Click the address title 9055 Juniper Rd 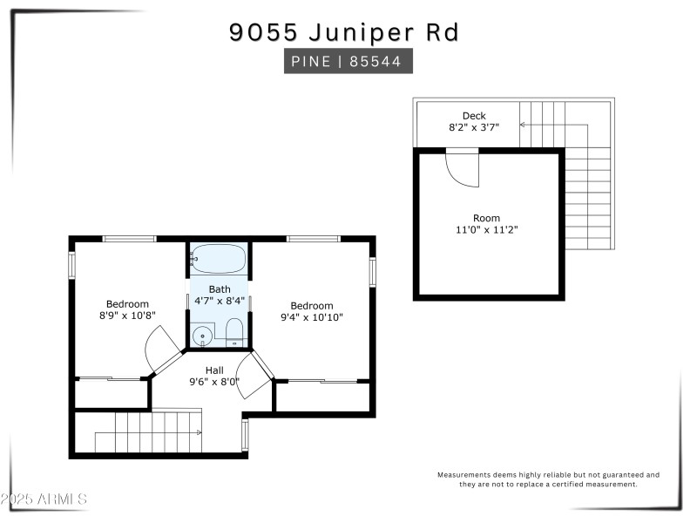tap(344, 32)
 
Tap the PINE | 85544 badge tap(348, 62)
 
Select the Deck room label tap(474, 116)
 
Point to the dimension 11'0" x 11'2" tap(486, 230)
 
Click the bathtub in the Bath tap(219, 258)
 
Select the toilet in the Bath tap(233, 332)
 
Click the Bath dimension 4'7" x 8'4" tap(219, 300)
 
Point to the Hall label tap(214, 370)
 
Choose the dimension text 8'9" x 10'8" tap(127, 316)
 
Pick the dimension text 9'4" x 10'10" tap(312, 317)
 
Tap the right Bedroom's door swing tap(254, 376)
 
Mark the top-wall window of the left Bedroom tap(129, 239)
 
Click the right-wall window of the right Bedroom tap(372, 272)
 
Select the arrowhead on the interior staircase tap(200, 432)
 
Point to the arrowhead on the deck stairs tap(522, 125)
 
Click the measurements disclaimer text tap(548, 479)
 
